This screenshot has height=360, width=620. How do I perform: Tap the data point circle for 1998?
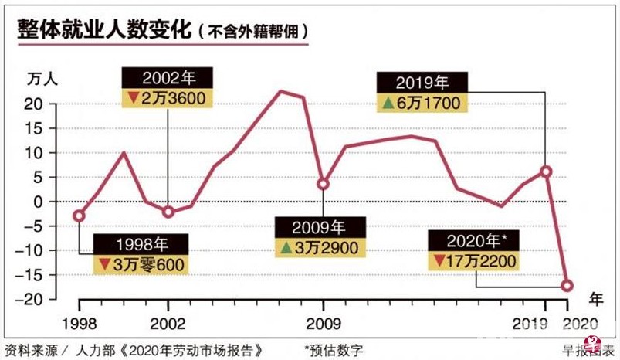coord(79,216)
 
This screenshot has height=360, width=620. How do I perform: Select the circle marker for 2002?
coord(169,211)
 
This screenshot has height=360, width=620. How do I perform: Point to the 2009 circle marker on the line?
coord(323,184)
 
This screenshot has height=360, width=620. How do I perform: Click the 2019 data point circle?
coord(546,172)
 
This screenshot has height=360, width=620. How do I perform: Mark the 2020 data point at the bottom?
coord(567,285)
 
